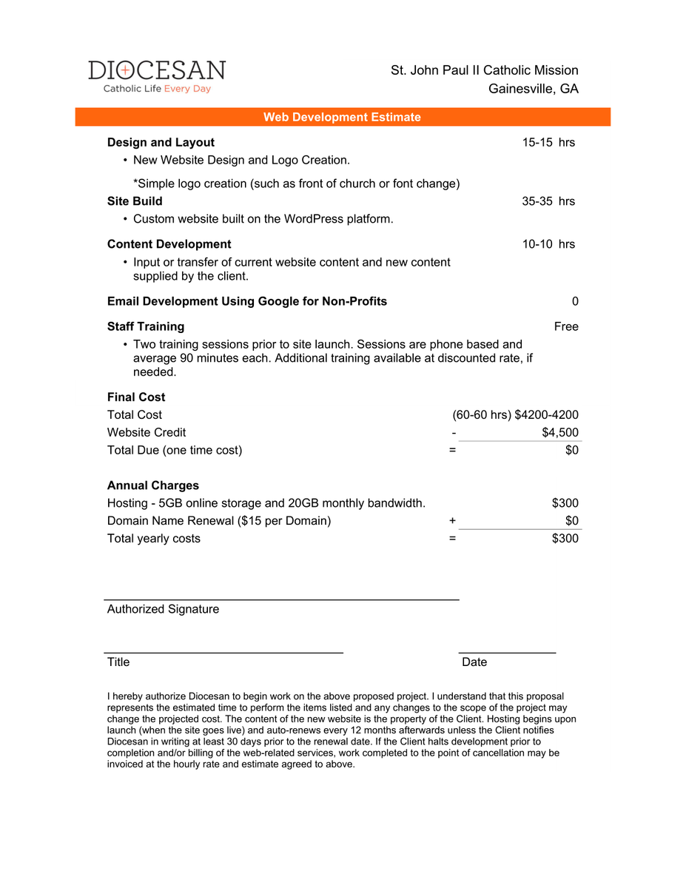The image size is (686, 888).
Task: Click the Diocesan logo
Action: [156, 76]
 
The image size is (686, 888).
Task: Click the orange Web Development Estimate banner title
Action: [342, 117]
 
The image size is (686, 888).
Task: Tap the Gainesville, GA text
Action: [533, 89]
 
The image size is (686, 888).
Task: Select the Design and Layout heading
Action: [161, 142]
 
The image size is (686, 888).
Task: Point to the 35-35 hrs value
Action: [548, 201]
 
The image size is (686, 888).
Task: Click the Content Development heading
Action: [169, 244]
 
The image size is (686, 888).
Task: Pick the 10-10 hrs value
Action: [548, 244]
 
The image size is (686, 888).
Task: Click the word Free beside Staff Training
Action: [566, 326]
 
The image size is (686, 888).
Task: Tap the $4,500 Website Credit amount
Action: [559, 432]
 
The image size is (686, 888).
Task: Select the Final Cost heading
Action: [136, 397]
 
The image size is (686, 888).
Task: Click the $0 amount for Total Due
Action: [571, 450]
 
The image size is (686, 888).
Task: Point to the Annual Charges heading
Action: [152, 485]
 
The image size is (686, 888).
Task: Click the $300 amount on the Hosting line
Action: [565, 503]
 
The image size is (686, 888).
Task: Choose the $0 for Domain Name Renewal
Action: [571, 521]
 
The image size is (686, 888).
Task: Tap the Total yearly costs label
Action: [153, 538]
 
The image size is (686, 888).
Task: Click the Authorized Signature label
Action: [163, 609]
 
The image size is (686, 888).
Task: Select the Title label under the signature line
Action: [118, 662]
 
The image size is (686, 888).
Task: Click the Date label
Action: [474, 662]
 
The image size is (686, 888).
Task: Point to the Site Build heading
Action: [135, 201]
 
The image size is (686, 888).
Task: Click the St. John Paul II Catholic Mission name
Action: [484, 70]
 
